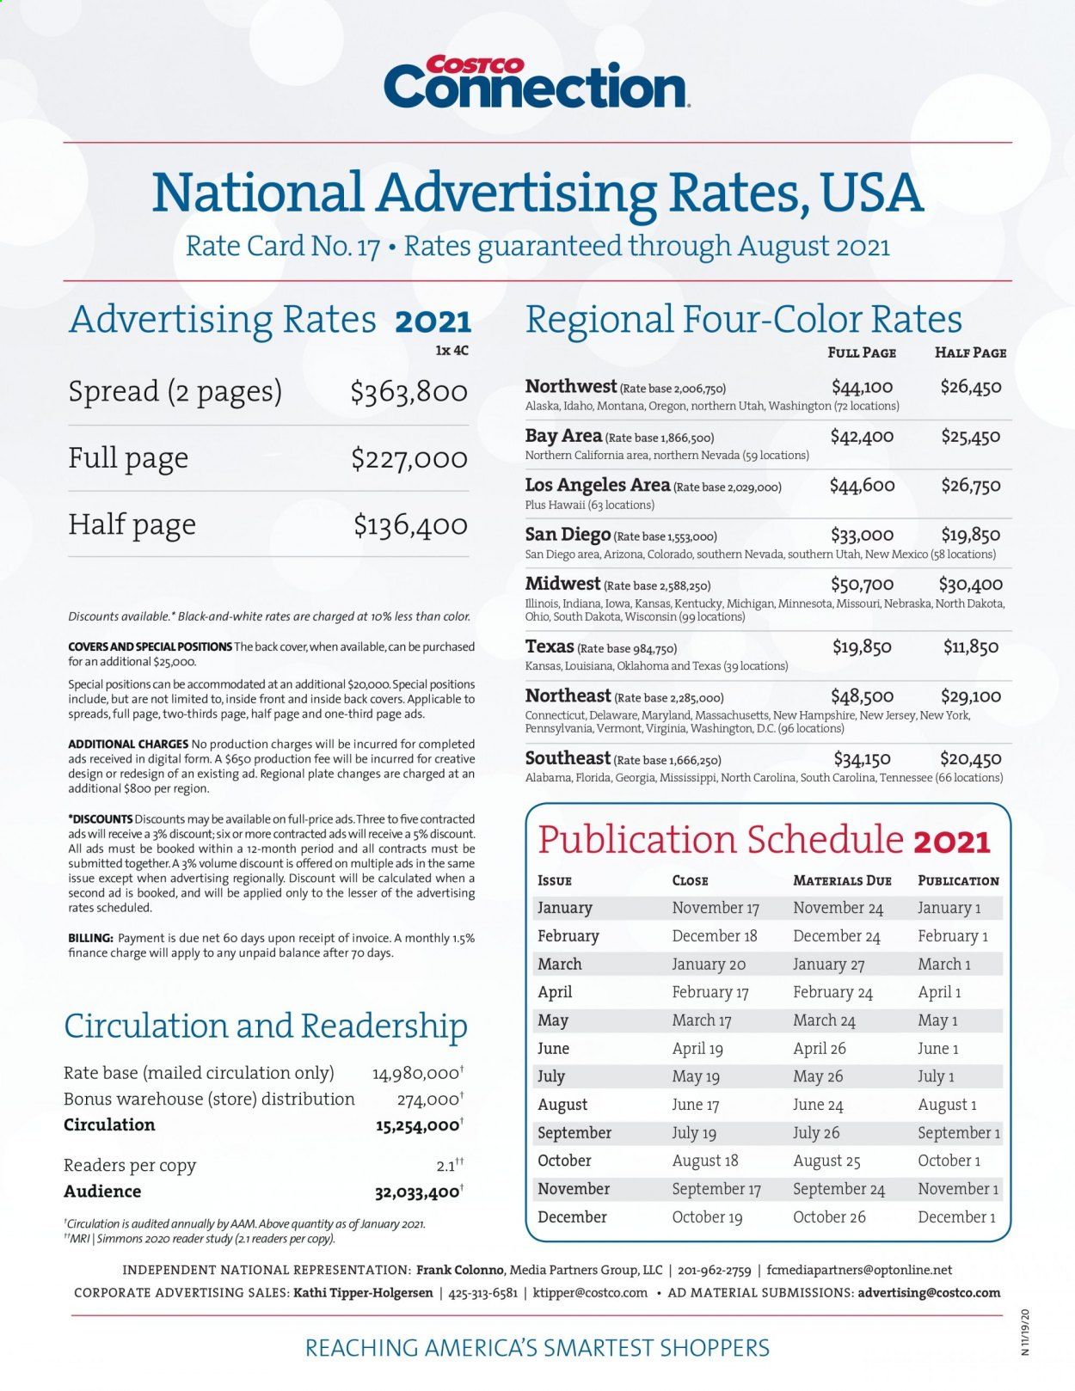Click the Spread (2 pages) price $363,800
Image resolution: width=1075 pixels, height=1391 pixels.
[408, 392]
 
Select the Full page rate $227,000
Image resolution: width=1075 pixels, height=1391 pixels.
[408, 458]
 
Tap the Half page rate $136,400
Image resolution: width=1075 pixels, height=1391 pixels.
[410, 524]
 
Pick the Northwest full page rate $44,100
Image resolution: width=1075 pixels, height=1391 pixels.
[862, 387]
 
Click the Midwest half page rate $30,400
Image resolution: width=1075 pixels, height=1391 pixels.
[970, 585]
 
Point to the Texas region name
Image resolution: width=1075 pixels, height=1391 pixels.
[550, 646]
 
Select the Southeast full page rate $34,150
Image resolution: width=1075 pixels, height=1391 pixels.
[862, 759]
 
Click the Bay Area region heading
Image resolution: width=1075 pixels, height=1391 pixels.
[563, 436]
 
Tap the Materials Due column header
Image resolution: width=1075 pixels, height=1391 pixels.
[842, 880]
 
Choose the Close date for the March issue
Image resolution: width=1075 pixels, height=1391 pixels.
[709, 965]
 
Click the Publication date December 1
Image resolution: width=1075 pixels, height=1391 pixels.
[956, 1217]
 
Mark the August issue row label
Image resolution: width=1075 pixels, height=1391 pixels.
[562, 1105]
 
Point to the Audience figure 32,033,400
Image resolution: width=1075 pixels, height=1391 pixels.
[416, 1192]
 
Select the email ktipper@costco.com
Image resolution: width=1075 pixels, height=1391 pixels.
[590, 1293]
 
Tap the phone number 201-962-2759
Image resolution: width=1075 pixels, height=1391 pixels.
[714, 1270]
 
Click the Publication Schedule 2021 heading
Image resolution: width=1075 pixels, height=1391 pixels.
[765, 840]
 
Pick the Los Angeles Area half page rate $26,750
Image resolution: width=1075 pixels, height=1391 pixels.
[970, 486]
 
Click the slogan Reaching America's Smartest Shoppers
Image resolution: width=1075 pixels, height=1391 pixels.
[537, 1347]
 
